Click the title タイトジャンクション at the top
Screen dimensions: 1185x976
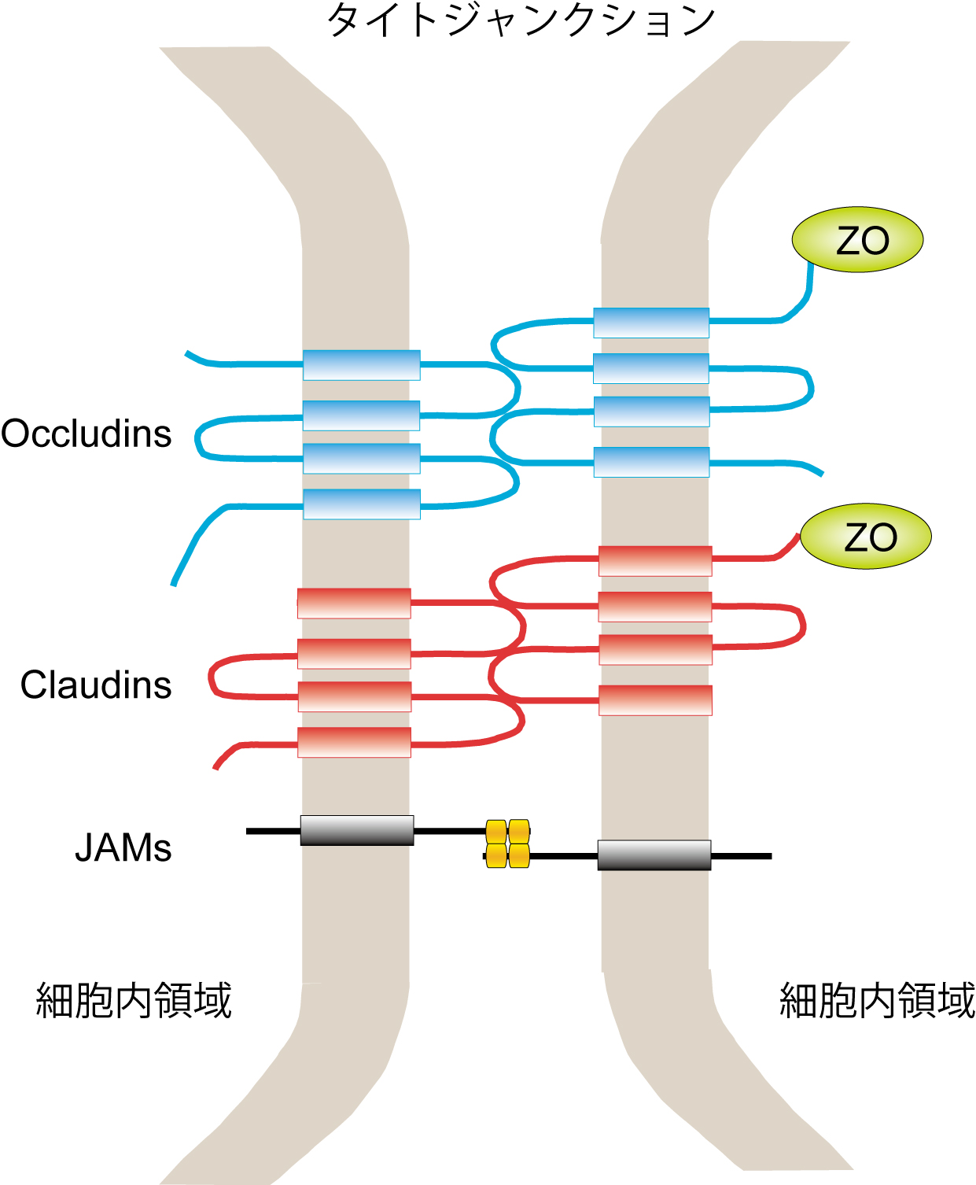pos(520,20)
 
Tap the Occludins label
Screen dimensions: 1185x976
pos(87,434)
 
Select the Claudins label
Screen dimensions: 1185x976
pos(96,685)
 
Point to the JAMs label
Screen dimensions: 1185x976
pos(123,848)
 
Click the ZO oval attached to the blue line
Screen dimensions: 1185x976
pos(857,240)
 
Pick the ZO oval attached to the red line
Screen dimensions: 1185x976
pos(866,537)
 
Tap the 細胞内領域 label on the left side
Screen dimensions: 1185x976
pos(134,1001)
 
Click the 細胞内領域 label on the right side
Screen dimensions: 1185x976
pos(877,1001)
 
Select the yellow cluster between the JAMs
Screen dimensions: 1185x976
pos(507,844)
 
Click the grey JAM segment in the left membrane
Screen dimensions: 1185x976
pos(357,830)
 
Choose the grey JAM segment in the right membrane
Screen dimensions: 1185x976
pos(654,855)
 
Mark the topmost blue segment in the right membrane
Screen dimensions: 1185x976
pos(651,323)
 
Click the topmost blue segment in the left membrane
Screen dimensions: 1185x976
pos(362,365)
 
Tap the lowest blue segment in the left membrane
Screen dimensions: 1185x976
pos(362,504)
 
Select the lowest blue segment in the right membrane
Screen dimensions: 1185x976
pos(651,462)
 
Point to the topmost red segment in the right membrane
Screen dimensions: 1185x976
pos(655,561)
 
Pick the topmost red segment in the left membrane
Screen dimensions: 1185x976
pos(354,604)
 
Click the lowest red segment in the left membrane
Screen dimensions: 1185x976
pos(354,742)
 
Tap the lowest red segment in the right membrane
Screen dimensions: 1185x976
pos(655,700)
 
